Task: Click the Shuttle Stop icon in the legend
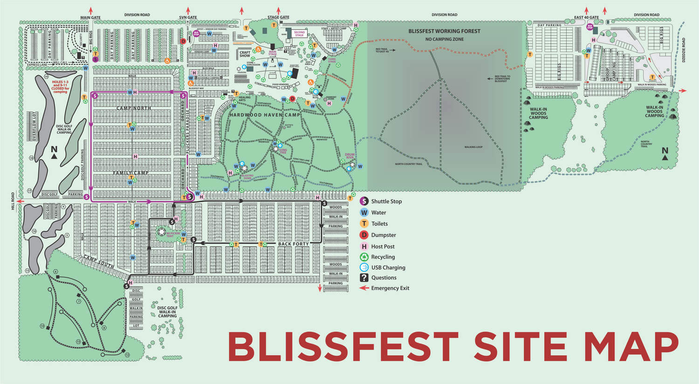point(364,202)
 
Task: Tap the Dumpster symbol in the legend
point(364,235)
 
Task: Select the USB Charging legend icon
point(364,267)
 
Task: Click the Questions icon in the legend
point(364,278)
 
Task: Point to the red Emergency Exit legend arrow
point(364,288)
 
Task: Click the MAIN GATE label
point(90,18)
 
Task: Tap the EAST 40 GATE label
point(586,18)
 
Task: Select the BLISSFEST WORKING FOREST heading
point(444,31)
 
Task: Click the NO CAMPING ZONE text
point(444,39)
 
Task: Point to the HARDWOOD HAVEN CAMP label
point(265,115)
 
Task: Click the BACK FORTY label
point(293,244)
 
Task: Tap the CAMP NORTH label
point(134,108)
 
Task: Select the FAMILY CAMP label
point(130,173)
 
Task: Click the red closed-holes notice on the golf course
point(60,87)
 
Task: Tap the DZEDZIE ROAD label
point(684,50)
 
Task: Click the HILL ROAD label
point(13,201)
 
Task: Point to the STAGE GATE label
point(278,18)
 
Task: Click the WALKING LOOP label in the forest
point(473,147)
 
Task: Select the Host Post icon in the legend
point(364,246)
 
